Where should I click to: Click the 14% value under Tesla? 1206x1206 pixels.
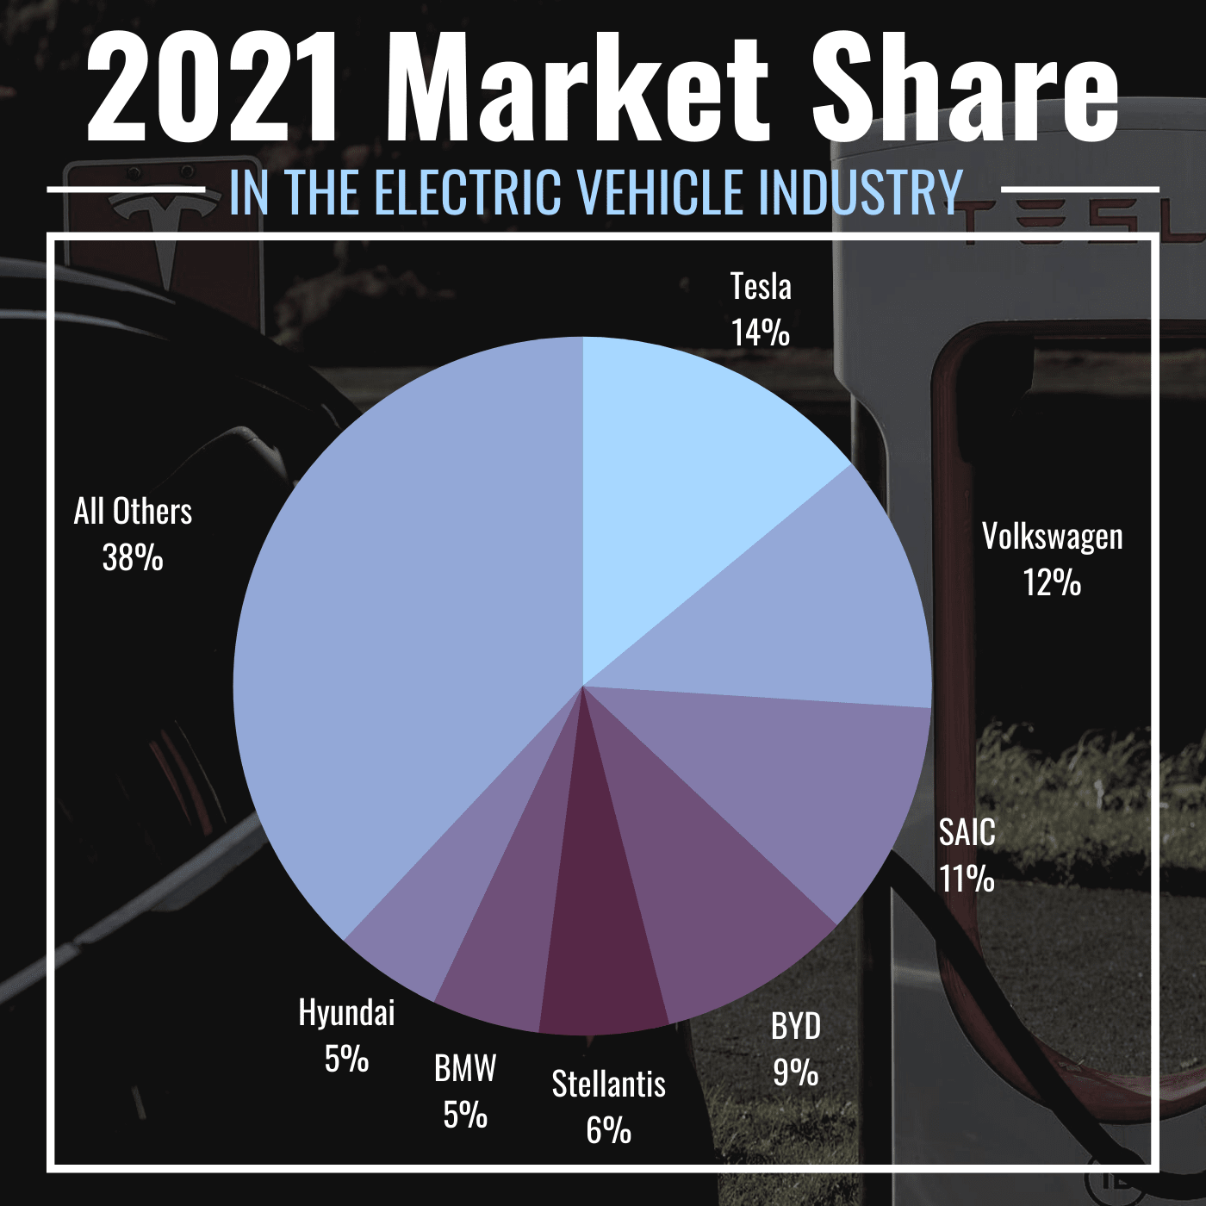760,333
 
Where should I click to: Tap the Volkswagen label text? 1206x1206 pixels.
1052,537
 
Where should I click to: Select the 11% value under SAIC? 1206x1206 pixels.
967,880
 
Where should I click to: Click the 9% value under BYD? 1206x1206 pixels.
795,1072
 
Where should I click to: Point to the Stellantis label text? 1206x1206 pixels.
608,1084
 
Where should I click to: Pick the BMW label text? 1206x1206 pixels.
465,1068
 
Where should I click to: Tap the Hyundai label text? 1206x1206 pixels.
346,1012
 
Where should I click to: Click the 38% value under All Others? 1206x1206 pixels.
133,558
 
